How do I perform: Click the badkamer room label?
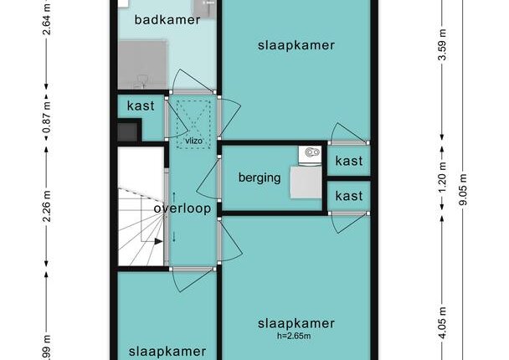click(x=167, y=20)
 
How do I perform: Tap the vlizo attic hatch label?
click(x=193, y=141)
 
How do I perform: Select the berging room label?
click(x=260, y=177)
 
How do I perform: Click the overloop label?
click(x=183, y=208)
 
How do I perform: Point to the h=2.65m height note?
click(x=294, y=336)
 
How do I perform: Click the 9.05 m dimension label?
click(x=463, y=189)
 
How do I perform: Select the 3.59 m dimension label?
click(x=442, y=45)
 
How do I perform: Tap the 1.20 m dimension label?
click(x=442, y=177)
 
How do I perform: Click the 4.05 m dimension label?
click(x=442, y=322)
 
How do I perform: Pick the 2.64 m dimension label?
click(x=47, y=18)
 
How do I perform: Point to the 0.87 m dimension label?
click(x=47, y=118)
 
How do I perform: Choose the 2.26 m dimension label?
click(x=47, y=206)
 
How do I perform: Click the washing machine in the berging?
click(x=310, y=156)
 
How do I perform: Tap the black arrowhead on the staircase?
click(x=158, y=241)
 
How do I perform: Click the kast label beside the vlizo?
click(x=141, y=105)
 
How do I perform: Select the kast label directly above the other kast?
click(x=349, y=161)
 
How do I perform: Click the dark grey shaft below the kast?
click(x=127, y=132)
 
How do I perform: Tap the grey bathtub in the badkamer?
click(x=142, y=64)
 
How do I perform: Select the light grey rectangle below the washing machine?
click(x=306, y=183)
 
